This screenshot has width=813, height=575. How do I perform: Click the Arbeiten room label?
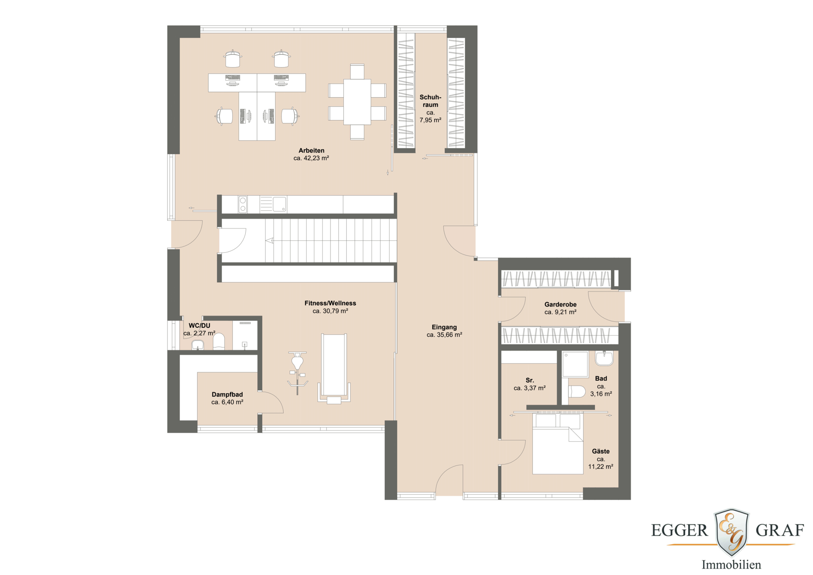pos(311,150)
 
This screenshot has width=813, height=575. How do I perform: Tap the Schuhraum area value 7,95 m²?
pos(430,120)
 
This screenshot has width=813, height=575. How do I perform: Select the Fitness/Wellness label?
pos(330,303)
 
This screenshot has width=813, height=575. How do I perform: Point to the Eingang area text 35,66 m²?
pos(444,335)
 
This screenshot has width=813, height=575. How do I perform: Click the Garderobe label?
pos(560,305)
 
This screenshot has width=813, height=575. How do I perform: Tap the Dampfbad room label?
pos(227,394)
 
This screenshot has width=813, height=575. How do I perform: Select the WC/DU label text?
pos(200,326)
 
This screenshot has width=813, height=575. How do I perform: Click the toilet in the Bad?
pos(577,392)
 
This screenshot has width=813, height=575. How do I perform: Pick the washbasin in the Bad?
pos(604,358)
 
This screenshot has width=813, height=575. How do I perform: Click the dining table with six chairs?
pos(357,102)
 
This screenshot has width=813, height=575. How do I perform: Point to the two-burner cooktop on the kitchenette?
pos(243,205)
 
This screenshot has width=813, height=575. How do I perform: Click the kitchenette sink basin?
pos(279,204)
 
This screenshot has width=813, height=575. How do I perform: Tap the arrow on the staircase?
pos(270,241)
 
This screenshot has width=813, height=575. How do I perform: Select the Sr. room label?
pos(530,381)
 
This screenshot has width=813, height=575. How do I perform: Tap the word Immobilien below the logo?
pos(731,565)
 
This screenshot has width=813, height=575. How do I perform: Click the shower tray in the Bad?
pos(575,364)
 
